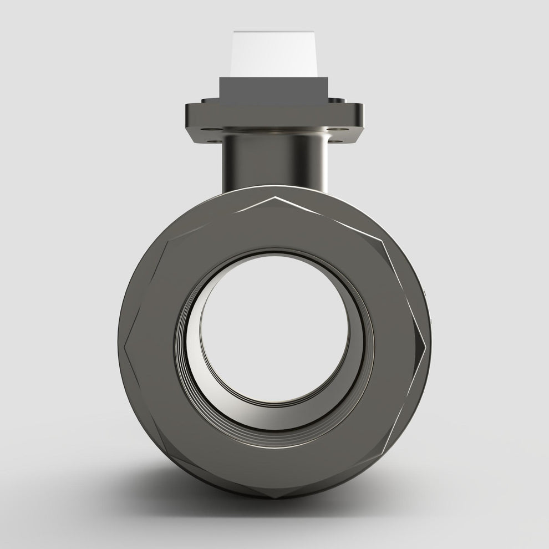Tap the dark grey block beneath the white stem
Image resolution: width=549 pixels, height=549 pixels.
click(x=274, y=89)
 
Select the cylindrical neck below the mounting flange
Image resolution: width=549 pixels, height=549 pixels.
click(x=274, y=161)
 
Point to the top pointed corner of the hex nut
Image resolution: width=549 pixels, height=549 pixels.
click(x=275, y=198)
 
